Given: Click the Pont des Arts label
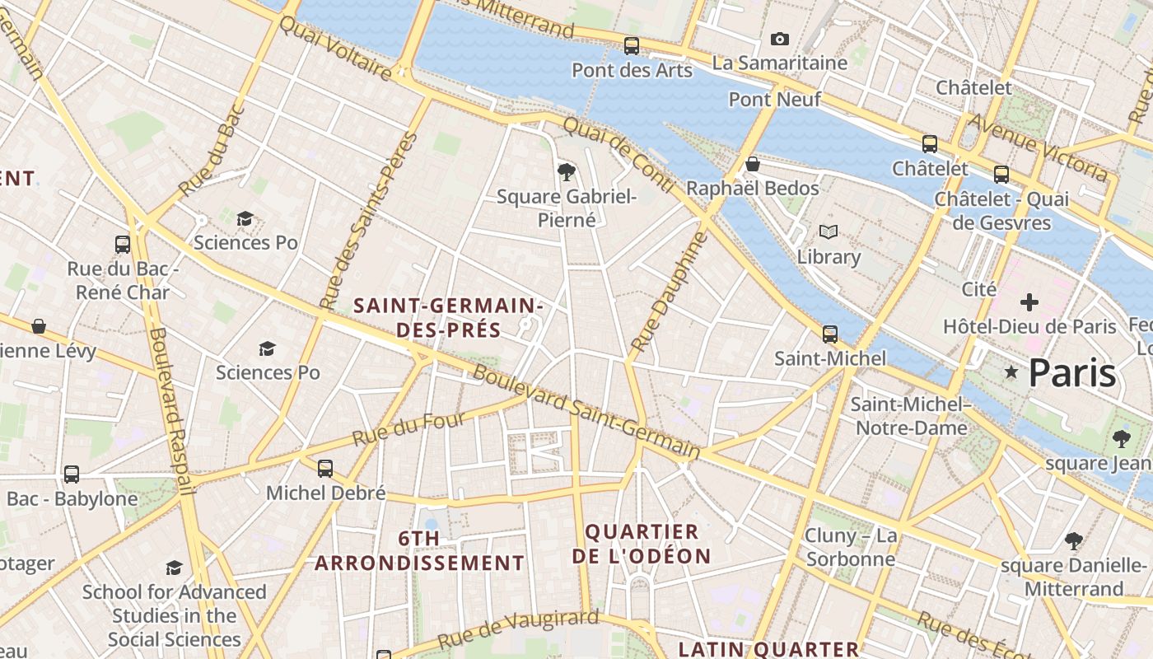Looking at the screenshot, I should [x=632, y=70].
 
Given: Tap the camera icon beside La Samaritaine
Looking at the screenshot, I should [x=779, y=39].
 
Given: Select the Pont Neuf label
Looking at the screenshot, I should [x=775, y=100].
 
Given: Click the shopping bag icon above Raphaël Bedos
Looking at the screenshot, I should [x=752, y=164].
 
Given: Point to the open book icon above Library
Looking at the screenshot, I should [x=829, y=232].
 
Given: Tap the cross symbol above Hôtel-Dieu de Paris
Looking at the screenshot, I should [x=1029, y=302].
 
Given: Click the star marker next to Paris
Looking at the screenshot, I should [x=1011, y=373].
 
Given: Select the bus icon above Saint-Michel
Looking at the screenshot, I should [x=830, y=334].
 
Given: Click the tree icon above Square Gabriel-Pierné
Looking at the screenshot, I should [x=566, y=172].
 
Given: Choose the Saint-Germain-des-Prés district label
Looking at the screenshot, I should [x=448, y=318].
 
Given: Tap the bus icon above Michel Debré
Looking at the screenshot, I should [x=325, y=469].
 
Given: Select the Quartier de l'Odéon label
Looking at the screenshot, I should [x=642, y=544].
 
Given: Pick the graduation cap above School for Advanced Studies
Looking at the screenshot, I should [x=174, y=568].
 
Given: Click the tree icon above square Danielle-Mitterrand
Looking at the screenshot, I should [x=1073, y=541].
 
